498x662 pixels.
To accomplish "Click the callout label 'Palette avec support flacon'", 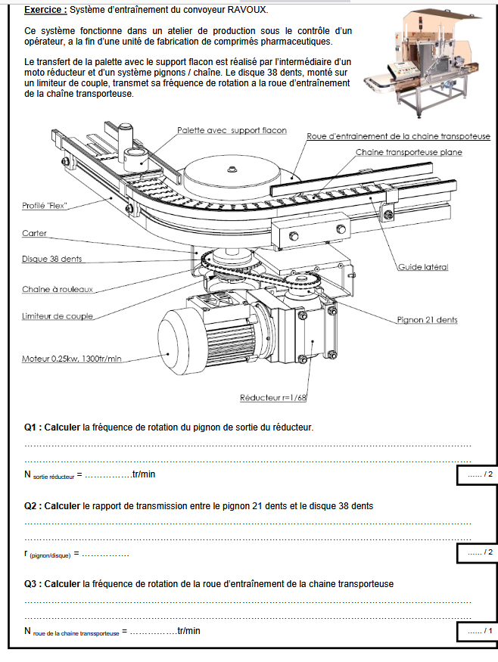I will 232,130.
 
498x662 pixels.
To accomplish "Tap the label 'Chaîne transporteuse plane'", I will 409,152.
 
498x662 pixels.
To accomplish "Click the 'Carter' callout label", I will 34,234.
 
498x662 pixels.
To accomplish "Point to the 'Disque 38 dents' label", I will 52,260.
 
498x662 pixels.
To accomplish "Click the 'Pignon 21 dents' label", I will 427,320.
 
